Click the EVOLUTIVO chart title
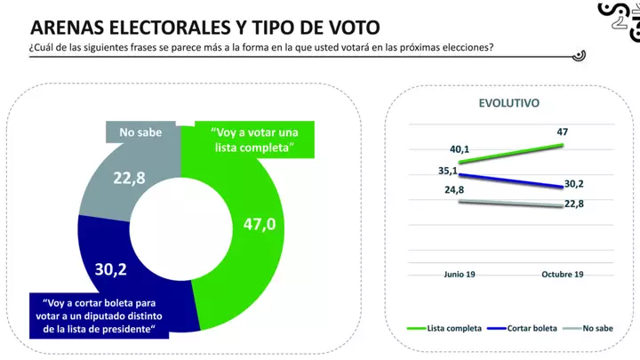pos(509,103)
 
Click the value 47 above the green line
pos(561,132)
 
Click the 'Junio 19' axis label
pos(460,275)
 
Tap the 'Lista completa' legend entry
pos(449,329)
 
